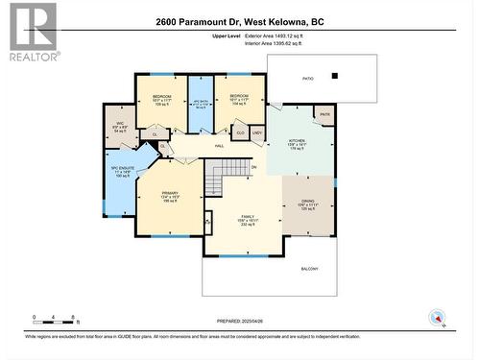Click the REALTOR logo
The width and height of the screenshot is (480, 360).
tap(33, 32)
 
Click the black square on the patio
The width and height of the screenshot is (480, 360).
tap(334, 76)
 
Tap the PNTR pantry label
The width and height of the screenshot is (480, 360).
tap(324, 114)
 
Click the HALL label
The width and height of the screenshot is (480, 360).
tap(218, 146)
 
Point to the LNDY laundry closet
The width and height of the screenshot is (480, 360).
tap(257, 133)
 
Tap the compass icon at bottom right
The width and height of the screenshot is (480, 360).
tap(438, 317)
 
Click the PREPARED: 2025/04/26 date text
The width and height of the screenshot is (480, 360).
tap(239, 322)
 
